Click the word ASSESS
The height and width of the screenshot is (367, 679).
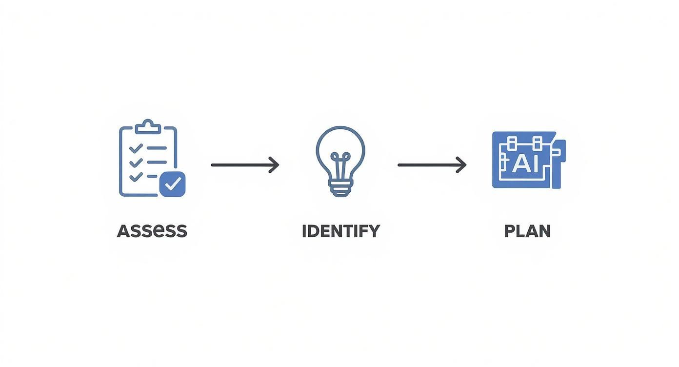tap(152, 231)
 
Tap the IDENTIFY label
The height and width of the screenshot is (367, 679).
tap(340, 231)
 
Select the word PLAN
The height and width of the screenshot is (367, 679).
tap(527, 231)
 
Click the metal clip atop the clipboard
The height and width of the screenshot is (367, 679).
tap(148, 126)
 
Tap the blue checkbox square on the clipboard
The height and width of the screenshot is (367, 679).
tap(172, 184)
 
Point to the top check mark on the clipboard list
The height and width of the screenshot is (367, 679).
tap(136, 147)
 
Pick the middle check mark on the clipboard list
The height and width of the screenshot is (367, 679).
tap(136, 162)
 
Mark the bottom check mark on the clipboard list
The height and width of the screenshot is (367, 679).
tap(136, 176)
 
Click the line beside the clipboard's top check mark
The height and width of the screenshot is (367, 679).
tap(157, 147)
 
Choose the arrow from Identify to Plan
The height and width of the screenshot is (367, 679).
tap(431, 165)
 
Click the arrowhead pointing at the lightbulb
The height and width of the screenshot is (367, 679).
tap(275, 165)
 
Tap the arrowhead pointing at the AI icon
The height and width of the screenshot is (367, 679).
tap(461, 165)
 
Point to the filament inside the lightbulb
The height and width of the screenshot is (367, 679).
tap(340, 163)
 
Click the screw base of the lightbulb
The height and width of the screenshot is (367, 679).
tap(340, 188)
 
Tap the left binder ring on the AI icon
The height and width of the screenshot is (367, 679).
tap(512, 143)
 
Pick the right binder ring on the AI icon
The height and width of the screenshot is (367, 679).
tap(537, 143)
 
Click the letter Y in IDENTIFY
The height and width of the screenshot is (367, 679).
tap(373, 231)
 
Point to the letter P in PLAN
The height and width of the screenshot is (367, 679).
tap(509, 231)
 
